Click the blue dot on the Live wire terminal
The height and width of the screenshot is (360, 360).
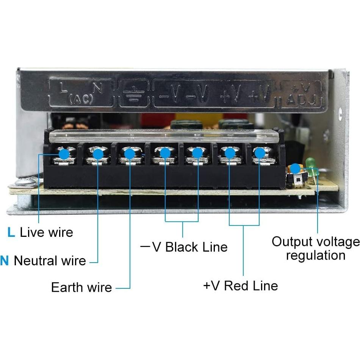tap(64, 154)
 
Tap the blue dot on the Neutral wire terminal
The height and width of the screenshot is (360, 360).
tap(98, 154)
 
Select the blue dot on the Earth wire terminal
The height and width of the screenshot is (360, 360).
tap(130, 154)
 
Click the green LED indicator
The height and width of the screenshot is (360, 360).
tap(312, 163)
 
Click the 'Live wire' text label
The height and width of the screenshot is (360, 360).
tap(46, 232)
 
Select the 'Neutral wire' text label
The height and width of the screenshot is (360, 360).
tap(50, 261)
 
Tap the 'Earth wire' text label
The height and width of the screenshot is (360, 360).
tap(81, 287)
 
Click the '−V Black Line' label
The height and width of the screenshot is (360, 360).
tap(184, 247)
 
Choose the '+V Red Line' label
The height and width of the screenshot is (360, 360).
tap(241, 285)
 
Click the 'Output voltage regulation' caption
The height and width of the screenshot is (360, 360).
tap(315, 248)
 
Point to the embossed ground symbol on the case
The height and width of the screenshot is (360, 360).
tap(132, 93)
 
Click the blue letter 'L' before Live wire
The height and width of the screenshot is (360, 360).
tap(11, 232)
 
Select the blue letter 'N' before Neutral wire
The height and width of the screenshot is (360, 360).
tap(4, 261)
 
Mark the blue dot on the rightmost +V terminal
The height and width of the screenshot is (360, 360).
tap(259, 153)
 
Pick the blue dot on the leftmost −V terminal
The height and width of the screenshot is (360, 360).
tap(165, 153)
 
